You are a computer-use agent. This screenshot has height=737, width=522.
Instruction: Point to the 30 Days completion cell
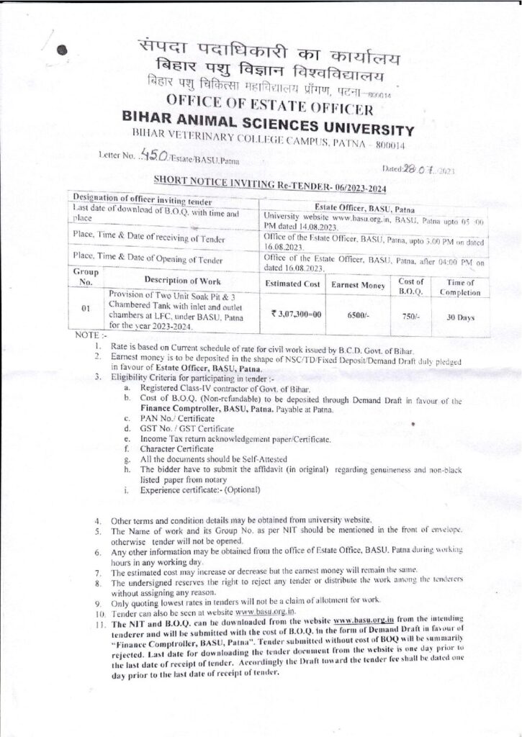coord(459,315)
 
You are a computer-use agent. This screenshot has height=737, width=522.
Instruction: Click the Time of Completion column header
coord(459,286)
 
